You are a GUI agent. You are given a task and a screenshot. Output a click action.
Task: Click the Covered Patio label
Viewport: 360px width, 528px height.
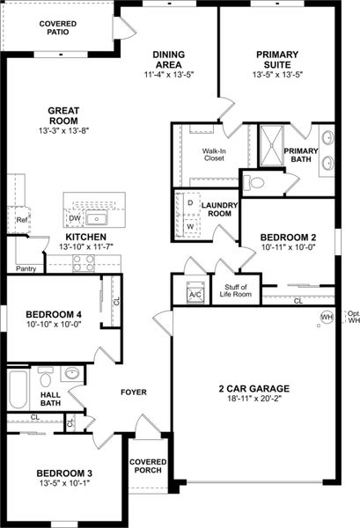point(58,26)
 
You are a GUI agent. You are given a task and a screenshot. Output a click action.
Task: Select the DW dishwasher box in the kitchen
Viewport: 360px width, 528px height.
point(74,218)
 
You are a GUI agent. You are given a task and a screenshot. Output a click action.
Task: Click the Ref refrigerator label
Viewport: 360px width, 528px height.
point(21,220)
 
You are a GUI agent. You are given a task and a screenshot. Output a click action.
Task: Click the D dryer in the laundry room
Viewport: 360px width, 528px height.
point(190,202)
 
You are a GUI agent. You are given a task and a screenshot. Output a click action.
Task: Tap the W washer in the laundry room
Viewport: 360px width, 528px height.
point(190,226)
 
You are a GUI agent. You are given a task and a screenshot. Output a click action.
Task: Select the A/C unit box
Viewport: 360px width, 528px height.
point(195,292)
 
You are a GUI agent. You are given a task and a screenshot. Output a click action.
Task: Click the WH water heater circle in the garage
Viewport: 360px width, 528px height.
point(327,317)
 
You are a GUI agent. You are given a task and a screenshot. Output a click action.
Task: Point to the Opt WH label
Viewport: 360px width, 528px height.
point(353,317)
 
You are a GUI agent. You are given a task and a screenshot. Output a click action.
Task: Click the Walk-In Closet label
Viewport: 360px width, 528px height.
point(216,155)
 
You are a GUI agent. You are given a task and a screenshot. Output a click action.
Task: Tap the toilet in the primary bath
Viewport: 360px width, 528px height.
point(253,183)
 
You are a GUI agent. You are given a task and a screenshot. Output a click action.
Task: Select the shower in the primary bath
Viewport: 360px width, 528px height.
point(270,144)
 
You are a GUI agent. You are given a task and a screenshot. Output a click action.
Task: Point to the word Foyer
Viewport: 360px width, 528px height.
point(134,392)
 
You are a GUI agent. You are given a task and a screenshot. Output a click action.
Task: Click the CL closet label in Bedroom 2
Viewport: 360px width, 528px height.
point(298,301)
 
